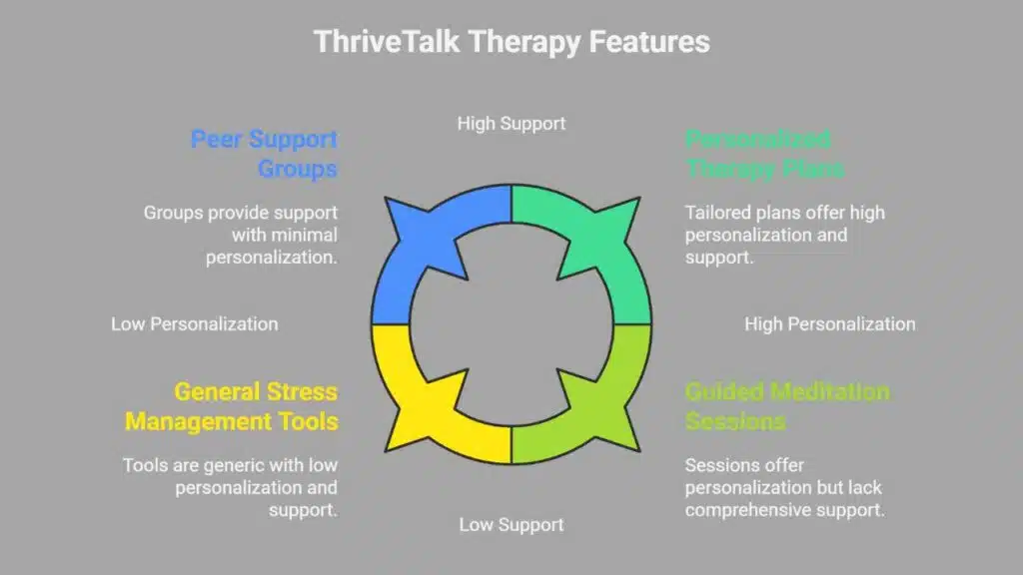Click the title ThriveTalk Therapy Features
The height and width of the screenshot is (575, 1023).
click(x=511, y=42)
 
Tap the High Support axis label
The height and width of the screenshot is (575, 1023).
click(x=511, y=124)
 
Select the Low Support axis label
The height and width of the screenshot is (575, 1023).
click(x=511, y=524)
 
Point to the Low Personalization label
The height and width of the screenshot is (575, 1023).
click(x=195, y=323)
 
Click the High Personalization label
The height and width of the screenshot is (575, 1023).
click(x=830, y=323)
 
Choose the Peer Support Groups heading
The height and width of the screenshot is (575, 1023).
click(x=265, y=153)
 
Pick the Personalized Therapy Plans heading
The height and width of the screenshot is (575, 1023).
click(x=763, y=153)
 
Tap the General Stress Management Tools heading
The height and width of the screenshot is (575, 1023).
click(x=232, y=406)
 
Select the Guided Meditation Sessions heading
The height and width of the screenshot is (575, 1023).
click(x=786, y=406)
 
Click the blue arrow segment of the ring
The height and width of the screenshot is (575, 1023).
click(x=440, y=240)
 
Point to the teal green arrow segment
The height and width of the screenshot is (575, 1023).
click(x=584, y=240)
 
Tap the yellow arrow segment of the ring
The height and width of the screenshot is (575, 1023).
click(x=440, y=409)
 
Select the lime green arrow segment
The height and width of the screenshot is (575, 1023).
click(x=584, y=409)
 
